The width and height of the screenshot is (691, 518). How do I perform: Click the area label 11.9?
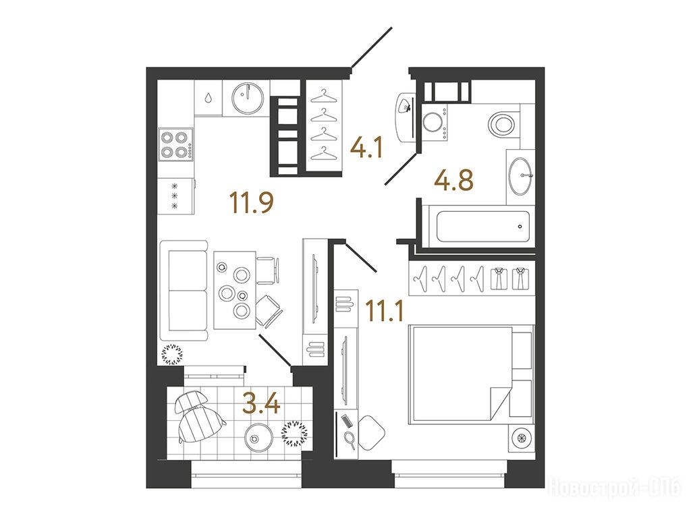tap(252, 203)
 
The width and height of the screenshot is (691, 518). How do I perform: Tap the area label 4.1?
tap(366, 148)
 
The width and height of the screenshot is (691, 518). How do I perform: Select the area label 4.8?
tap(453, 180)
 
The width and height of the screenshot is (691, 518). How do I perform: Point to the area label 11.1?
tap(385, 311)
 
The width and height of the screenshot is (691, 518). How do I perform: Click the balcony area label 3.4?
tap(261, 405)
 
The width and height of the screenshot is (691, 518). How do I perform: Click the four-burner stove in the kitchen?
tap(176, 144)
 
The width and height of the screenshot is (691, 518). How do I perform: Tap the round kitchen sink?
tap(248, 97)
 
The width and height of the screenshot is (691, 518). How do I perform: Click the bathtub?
tap(483, 227)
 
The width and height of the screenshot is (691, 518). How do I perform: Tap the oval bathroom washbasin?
tap(520, 176)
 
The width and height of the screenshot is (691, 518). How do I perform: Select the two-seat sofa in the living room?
tap(184, 291)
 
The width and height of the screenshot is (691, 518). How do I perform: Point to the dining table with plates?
tap(235, 290)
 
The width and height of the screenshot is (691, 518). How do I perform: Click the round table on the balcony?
tap(258, 437)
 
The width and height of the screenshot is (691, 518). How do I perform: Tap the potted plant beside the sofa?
tap(172, 355)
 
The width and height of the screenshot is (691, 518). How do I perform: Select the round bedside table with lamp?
tap(522, 438)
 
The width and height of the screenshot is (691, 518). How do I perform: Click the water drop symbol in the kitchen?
tap(208, 97)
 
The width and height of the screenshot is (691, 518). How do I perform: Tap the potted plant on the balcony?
tap(294, 434)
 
